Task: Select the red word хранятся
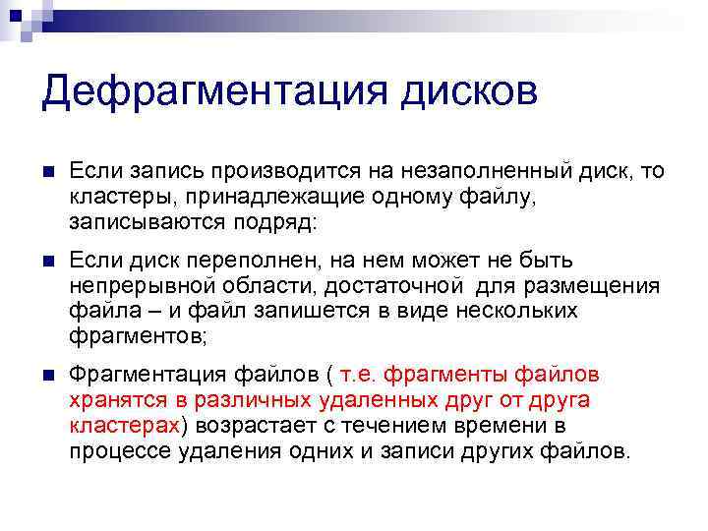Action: point(114,400)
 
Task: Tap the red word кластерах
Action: point(124,425)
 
